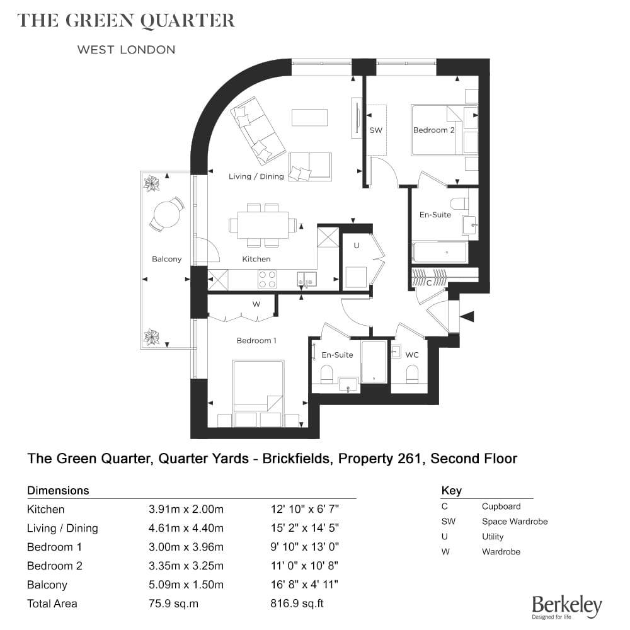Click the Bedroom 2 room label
tap(433, 130)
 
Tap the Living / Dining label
tap(256, 176)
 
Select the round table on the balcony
tap(167, 214)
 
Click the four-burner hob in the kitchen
tap(267, 279)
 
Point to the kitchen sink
tap(307, 279)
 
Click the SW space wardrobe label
tap(375, 130)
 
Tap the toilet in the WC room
tap(412, 374)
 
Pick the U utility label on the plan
tap(357, 246)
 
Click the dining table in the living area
tap(263, 225)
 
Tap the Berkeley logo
tap(567, 607)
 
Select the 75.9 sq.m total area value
tap(174, 604)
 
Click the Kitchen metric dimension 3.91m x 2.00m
tap(186, 509)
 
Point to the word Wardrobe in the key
tap(501, 552)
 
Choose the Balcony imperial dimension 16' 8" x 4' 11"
tap(304, 585)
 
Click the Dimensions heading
tap(58, 490)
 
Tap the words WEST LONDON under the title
tap(126, 50)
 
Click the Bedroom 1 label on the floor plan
tap(256, 340)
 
